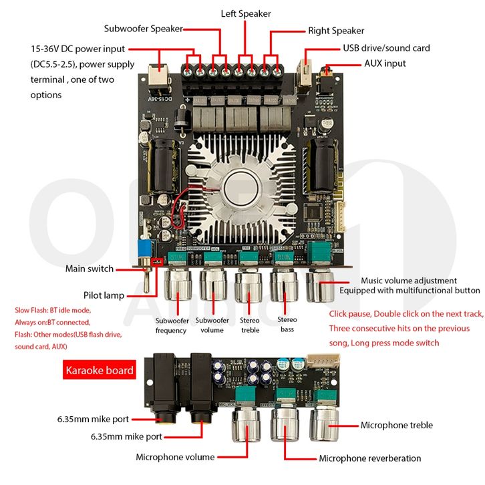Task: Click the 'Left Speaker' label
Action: [246, 13]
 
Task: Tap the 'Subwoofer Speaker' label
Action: [142, 29]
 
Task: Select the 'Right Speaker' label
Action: [336, 31]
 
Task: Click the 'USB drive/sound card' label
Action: [386, 48]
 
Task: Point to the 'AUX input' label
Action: [384, 63]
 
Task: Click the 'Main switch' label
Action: [90, 269]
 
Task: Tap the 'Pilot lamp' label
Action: [104, 295]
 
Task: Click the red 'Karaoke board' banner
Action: [100, 370]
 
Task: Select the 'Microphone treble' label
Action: [397, 425]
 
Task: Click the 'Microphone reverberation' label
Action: [370, 458]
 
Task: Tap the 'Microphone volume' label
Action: [175, 457]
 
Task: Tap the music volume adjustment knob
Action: [322, 286]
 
